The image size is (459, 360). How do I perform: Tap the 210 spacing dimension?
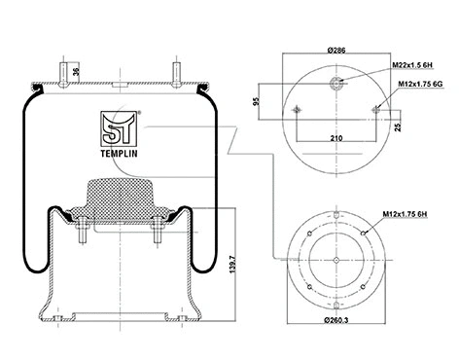point(336,139)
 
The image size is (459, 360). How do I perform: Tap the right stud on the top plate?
point(177,74)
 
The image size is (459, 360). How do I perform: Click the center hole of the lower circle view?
point(335,261)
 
